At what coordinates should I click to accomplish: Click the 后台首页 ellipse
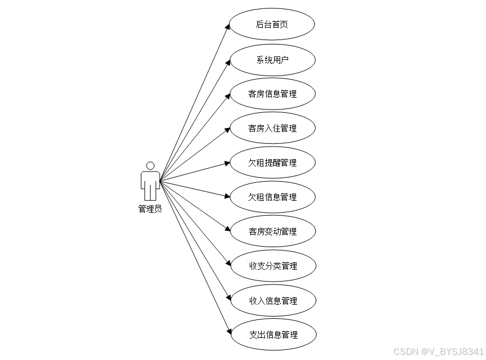point(272,24)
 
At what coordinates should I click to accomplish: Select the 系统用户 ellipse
point(272,59)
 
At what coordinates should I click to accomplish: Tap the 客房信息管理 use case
point(272,94)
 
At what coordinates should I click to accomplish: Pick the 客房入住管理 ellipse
point(272,128)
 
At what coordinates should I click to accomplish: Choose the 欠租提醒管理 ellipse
point(272,163)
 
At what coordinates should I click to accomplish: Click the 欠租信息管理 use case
point(272,197)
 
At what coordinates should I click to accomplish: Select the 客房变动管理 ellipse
point(272,231)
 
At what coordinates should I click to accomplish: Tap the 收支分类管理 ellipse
point(272,266)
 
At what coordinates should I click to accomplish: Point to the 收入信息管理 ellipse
point(272,300)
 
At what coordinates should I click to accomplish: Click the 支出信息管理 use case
point(272,335)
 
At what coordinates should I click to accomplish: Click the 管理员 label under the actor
point(150,209)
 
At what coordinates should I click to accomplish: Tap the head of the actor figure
point(150,166)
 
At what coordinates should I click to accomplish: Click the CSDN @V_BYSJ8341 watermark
point(438,352)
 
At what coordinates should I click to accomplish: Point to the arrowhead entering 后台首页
point(228,27)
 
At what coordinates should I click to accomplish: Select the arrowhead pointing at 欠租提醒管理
point(227,163)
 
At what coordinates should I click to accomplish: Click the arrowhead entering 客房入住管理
point(227,129)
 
